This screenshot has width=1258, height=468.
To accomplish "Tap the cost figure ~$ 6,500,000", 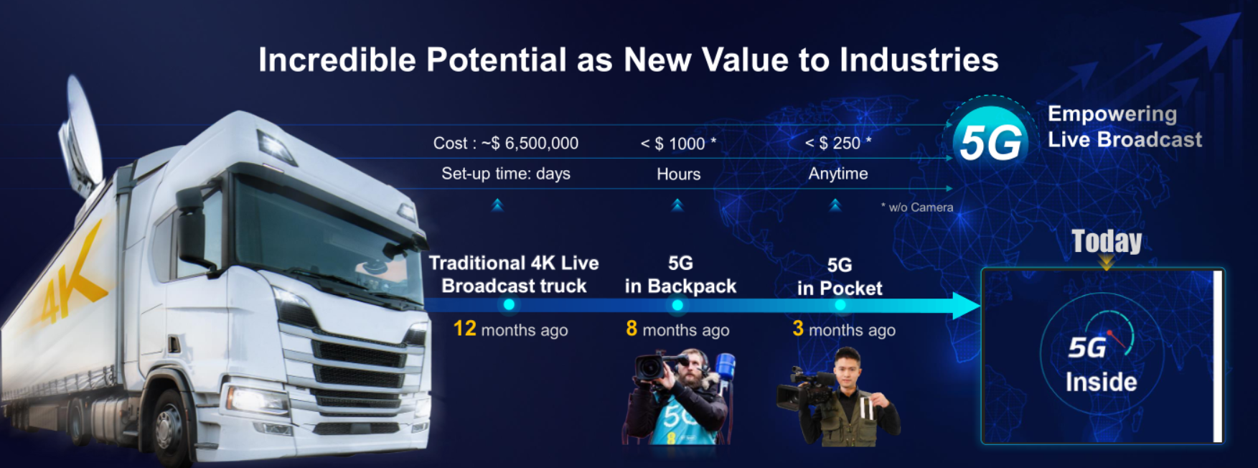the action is click(530, 144).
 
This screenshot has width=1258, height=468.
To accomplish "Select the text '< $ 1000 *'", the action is click(678, 144).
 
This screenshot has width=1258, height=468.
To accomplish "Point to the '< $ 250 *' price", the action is click(838, 143).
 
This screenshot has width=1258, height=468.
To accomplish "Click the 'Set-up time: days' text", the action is click(506, 174).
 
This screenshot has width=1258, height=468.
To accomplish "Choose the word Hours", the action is click(678, 174).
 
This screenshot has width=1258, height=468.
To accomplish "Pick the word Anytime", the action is click(838, 174).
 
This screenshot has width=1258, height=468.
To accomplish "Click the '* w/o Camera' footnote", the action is click(917, 207).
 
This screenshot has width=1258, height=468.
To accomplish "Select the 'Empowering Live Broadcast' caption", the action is click(1125, 126).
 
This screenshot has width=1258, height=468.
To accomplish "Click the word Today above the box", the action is click(1107, 241).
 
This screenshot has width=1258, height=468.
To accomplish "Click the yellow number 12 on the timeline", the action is click(465, 329).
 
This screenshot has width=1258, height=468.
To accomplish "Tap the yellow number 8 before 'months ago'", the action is click(632, 329).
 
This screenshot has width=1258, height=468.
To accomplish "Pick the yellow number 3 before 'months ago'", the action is click(798, 329).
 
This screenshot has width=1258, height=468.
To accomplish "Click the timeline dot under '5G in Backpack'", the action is click(677, 305).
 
